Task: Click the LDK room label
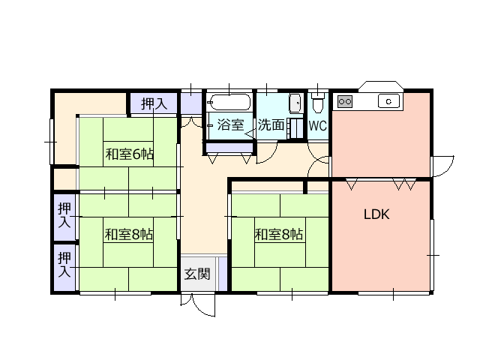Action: pyautogui.click(x=376, y=214)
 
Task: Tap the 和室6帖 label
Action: pyautogui.click(x=129, y=154)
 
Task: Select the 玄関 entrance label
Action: pyautogui.click(x=197, y=274)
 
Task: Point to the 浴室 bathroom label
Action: pyautogui.click(x=230, y=124)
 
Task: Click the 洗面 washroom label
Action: pyautogui.click(x=271, y=124)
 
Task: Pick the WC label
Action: pyautogui.click(x=318, y=126)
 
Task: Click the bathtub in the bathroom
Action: pyautogui.click(x=230, y=102)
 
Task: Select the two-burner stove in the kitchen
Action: pyautogui.click(x=345, y=101)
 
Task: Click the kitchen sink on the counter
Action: pyautogui.click(x=388, y=101)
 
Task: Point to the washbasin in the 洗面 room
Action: pyautogui.click(x=295, y=103)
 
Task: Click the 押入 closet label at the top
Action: pyautogui.click(x=154, y=104)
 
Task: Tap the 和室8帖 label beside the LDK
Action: pyautogui.click(x=279, y=235)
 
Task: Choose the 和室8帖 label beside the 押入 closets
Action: pyautogui.click(x=128, y=235)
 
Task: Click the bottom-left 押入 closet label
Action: pyautogui.click(x=64, y=265)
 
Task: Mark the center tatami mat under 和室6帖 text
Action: pyautogui.click(x=128, y=154)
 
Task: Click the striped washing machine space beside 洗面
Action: pyautogui.click(x=295, y=128)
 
